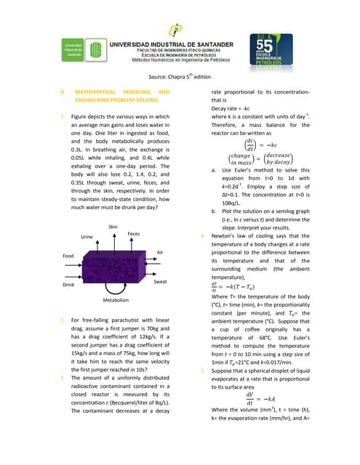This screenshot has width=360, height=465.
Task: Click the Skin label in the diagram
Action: click(x=113, y=227)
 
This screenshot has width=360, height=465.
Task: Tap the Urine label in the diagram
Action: click(x=87, y=237)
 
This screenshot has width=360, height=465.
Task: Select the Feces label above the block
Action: click(x=134, y=233)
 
